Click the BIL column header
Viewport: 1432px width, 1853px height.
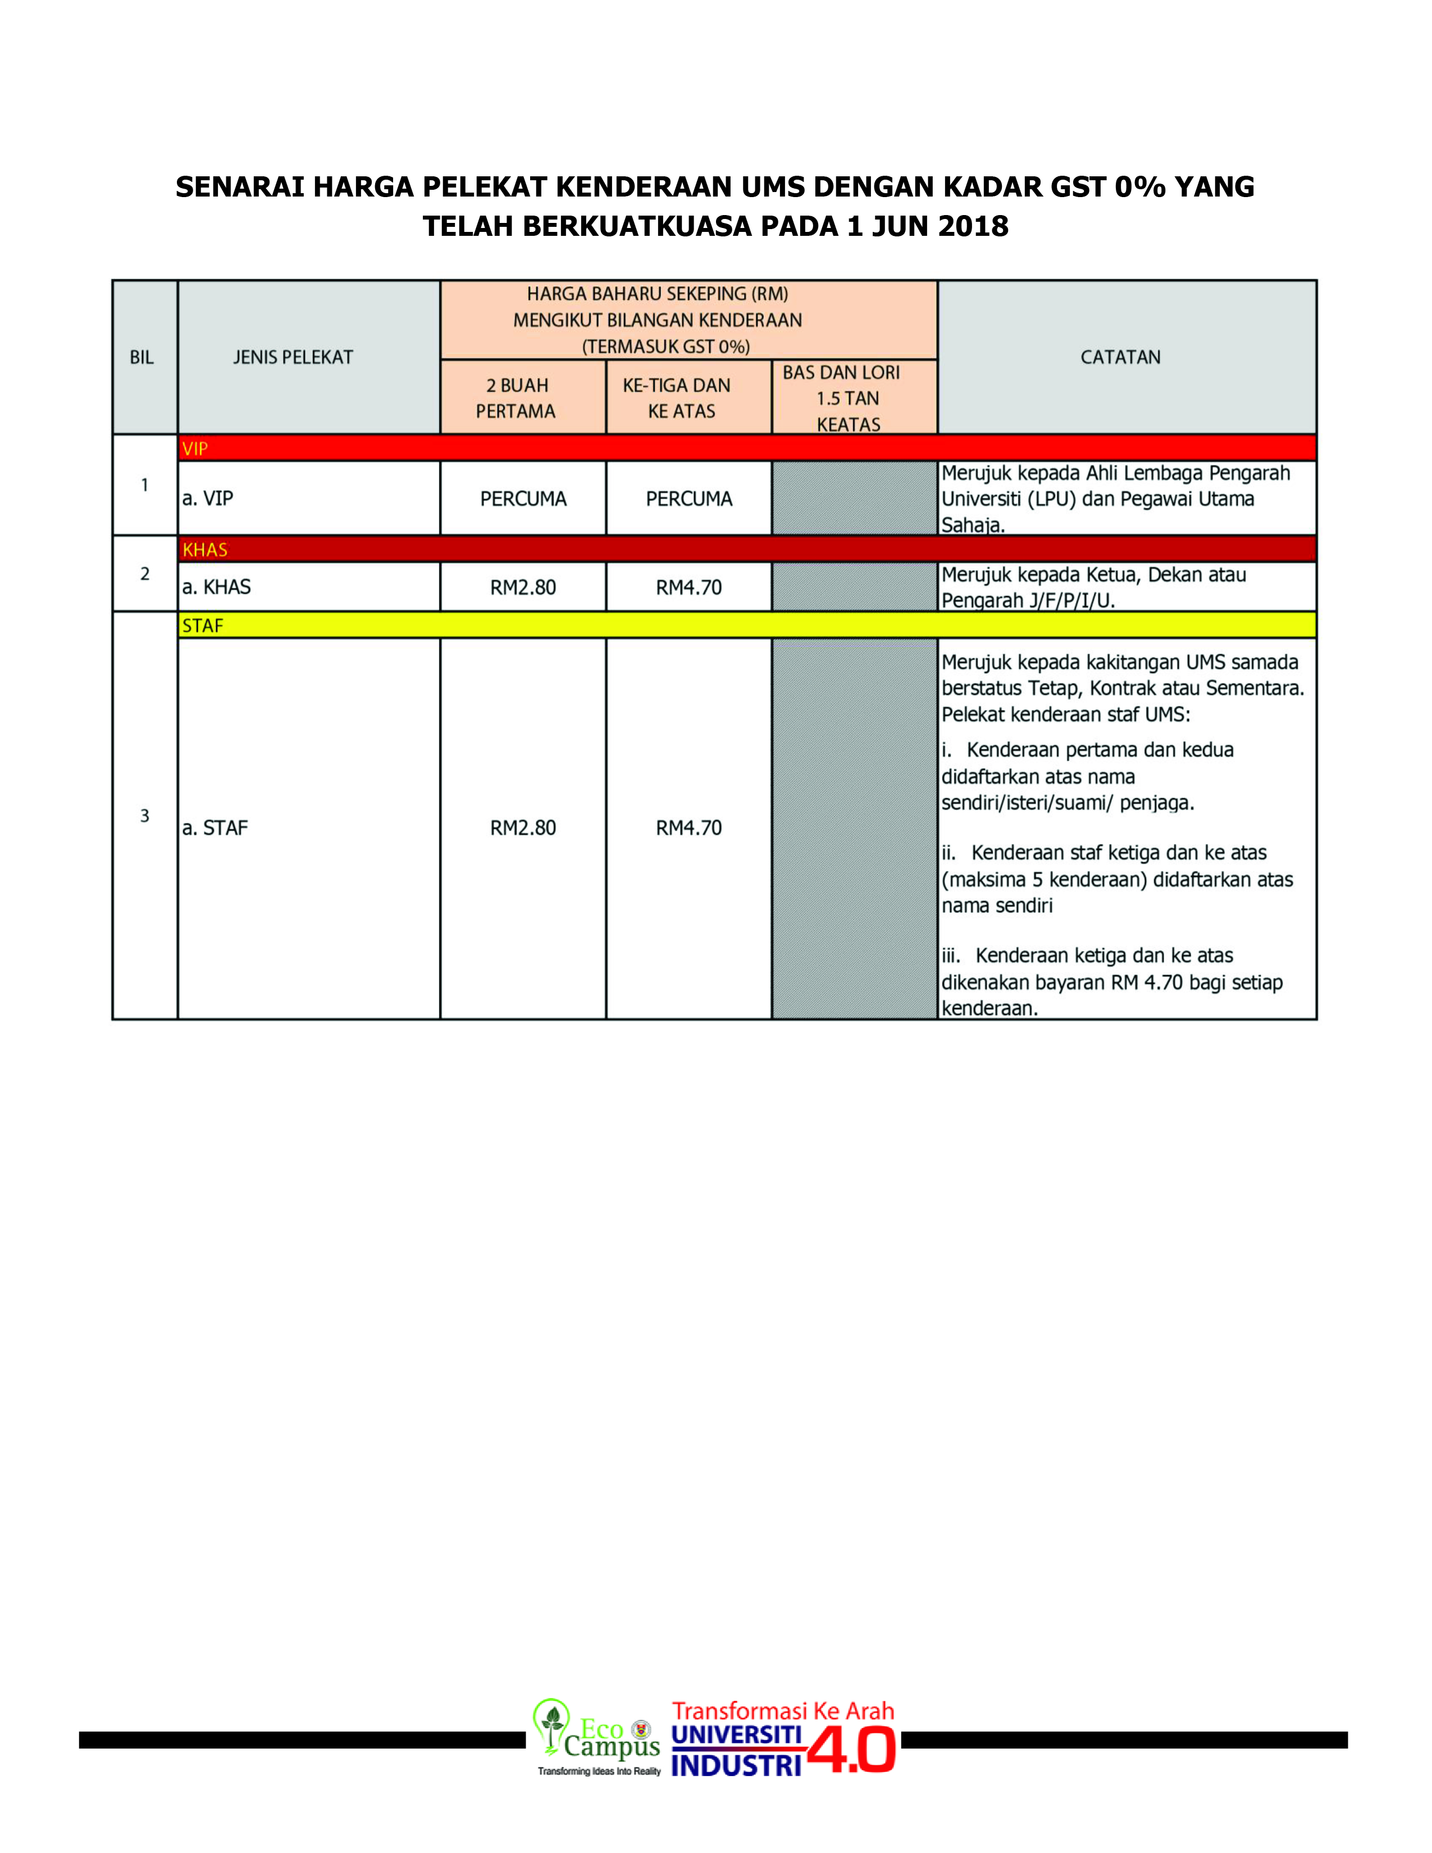pyautogui.click(x=142, y=357)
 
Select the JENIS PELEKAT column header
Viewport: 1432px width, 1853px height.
pyautogui.click(x=293, y=357)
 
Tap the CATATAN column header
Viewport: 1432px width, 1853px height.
pyautogui.click(x=1120, y=357)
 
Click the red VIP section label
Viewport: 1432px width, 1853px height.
pyautogui.click(x=194, y=449)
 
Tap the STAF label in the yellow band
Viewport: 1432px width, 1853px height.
pyautogui.click(x=202, y=626)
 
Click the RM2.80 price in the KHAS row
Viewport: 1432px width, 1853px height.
pyautogui.click(x=523, y=587)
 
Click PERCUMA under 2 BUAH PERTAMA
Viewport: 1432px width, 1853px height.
pyautogui.click(x=523, y=499)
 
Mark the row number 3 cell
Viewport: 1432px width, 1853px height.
pyautogui.click(x=144, y=815)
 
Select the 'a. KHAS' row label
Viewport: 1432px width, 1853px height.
pyautogui.click(x=216, y=587)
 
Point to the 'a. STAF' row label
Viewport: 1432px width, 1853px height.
pyautogui.click(x=215, y=828)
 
